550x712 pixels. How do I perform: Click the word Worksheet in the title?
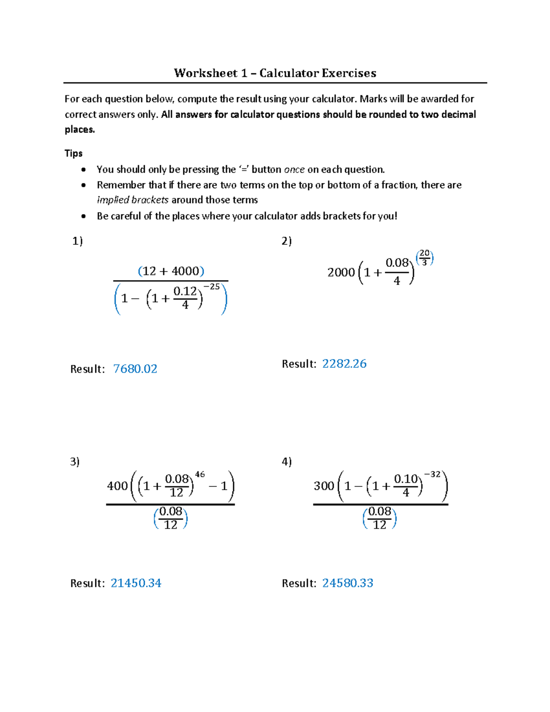[x=205, y=73]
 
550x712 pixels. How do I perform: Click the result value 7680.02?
[x=135, y=369]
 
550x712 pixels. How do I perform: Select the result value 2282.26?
[x=344, y=364]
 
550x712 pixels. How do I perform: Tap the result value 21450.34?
[x=136, y=583]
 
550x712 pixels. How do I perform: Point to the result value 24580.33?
[x=347, y=583]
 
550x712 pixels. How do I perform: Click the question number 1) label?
[x=77, y=241]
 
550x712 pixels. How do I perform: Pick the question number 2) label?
[x=286, y=241]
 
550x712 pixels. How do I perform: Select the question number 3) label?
[x=75, y=462]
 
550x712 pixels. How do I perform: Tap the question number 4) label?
[x=286, y=462]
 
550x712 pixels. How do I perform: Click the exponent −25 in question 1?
[x=211, y=287]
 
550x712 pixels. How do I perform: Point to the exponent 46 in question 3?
[x=200, y=475]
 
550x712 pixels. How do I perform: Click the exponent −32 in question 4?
[x=432, y=475]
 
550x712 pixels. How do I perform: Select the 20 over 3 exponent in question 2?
[x=424, y=258]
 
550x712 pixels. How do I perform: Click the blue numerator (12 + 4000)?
[x=171, y=271]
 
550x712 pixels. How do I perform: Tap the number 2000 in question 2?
[x=341, y=272]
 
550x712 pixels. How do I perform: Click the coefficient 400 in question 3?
[x=117, y=486]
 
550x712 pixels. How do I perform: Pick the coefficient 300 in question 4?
[x=324, y=486]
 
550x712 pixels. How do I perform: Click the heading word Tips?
[x=73, y=153]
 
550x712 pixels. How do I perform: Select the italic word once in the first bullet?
[x=294, y=170]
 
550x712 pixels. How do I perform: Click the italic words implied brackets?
[x=132, y=200]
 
